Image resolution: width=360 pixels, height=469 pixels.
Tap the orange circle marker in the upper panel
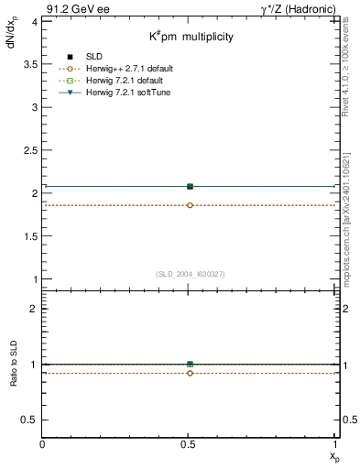pyautogui.click(x=190, y=205)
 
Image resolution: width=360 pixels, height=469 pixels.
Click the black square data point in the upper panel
pyautogui.click(x=190, y=187)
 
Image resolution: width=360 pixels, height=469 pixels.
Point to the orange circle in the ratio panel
pyautogui.click(x=190, y=373)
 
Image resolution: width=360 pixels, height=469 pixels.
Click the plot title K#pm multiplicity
pyautogui.click(x=191, y=38)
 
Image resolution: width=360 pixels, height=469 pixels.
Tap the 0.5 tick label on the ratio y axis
pyautogui.click(x=30, y=420)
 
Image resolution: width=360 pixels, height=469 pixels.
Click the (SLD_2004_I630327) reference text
pyautogui.click(x=191, y=274)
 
